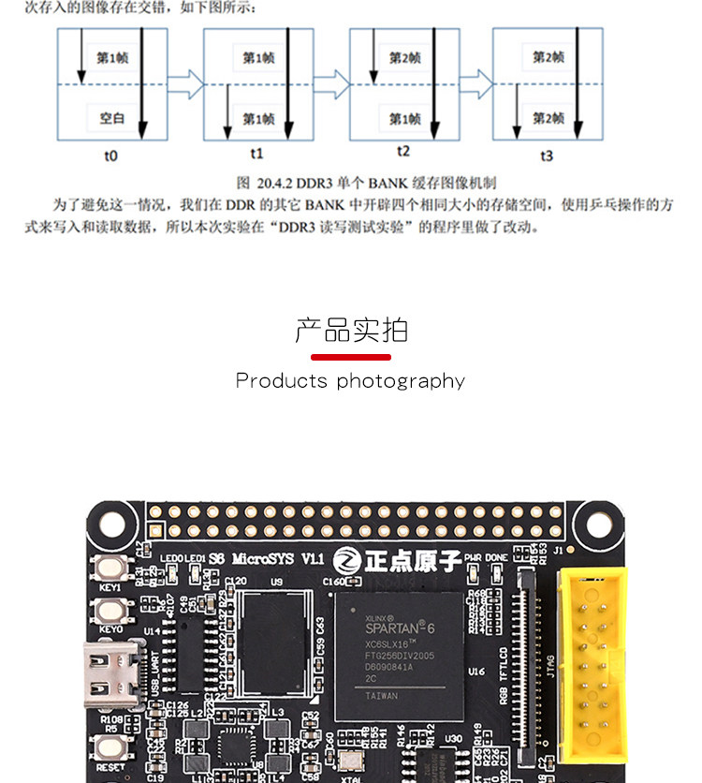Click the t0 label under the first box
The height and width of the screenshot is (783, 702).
(x=111, y=155)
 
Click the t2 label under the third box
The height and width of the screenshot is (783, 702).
(x=403, y=152)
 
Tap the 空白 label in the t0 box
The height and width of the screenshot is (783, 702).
(x=112, y=119)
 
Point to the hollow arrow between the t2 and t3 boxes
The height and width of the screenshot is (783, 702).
(x=475, y=83)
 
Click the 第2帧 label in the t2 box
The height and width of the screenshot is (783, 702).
(x=404, y=58)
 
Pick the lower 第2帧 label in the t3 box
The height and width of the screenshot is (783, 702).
(x=548, y=119)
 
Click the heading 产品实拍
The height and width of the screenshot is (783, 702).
(x=351, y=330)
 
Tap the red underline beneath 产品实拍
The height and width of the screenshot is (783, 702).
(x=351, y=356)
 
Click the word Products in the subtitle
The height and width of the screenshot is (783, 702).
(x=282, y=380)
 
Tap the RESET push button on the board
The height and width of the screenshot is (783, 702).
(x=110, y=746)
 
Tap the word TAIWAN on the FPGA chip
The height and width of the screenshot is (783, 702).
(x=381, y=696)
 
